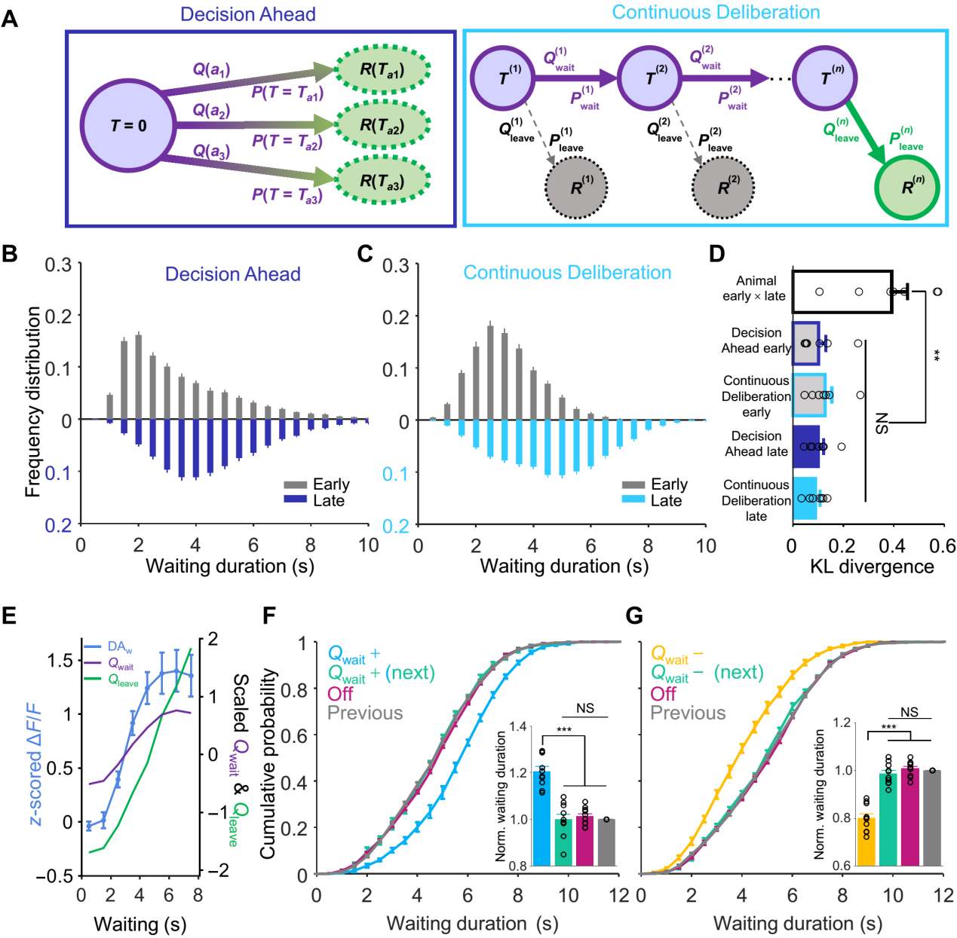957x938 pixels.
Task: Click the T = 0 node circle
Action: pos(128,126)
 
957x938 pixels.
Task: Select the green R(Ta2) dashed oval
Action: pos(382,126)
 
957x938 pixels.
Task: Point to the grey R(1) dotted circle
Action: pos(576,187)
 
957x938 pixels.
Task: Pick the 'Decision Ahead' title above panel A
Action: pos(248,14)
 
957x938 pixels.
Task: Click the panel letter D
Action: pos(717,254)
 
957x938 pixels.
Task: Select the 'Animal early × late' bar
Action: pos(842,292)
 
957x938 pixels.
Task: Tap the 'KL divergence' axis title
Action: pos(872,567)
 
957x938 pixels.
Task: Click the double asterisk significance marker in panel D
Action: pos(937,356)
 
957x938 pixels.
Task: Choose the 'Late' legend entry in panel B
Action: pos(317,500)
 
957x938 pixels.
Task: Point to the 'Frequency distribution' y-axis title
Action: pos(32,402)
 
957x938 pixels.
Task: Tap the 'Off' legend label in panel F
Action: pos(340,693)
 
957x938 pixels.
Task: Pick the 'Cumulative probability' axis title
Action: pos(268,763)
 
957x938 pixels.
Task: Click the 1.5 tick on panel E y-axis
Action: pos(63,660)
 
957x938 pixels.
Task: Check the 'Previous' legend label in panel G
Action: pos(688,713)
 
